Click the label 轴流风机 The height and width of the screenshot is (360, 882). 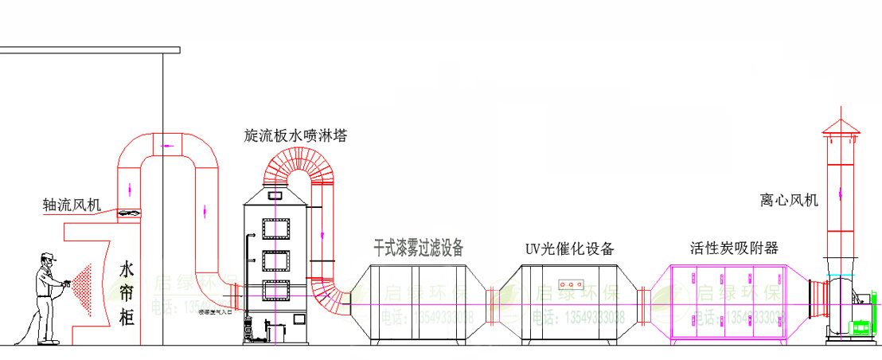click(x=72, y=205)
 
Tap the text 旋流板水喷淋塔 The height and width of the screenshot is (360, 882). click(x=295, y=136)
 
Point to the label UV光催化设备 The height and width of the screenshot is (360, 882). click(x=570, y=248)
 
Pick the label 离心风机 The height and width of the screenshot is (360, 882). click(x=789, y=200)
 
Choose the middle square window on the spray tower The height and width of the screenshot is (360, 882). click(x=277, y=262)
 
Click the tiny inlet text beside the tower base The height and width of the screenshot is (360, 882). click(x=214, y=312)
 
